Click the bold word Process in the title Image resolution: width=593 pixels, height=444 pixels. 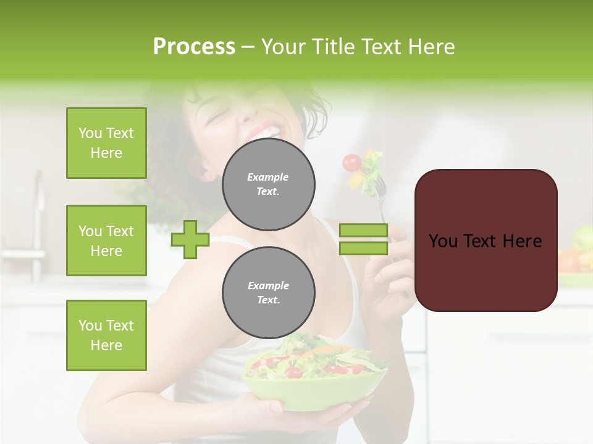[194, 47]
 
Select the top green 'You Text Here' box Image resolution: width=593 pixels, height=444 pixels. [106, 143]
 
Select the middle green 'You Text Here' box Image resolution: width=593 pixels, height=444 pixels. [106, 240]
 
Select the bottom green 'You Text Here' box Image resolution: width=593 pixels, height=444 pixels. [106, 335]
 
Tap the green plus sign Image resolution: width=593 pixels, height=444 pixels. [190, 239]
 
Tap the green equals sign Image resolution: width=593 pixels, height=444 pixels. [364, 239]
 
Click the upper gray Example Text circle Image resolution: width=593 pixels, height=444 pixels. [268, 184]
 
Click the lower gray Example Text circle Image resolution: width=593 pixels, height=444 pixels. [268, 293]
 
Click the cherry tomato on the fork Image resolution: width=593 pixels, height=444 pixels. [352, 162]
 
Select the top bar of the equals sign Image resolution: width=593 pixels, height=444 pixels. [364, 231]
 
